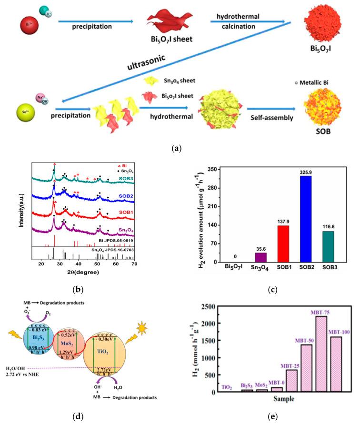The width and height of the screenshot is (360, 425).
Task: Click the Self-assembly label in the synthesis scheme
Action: coord(266,115)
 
